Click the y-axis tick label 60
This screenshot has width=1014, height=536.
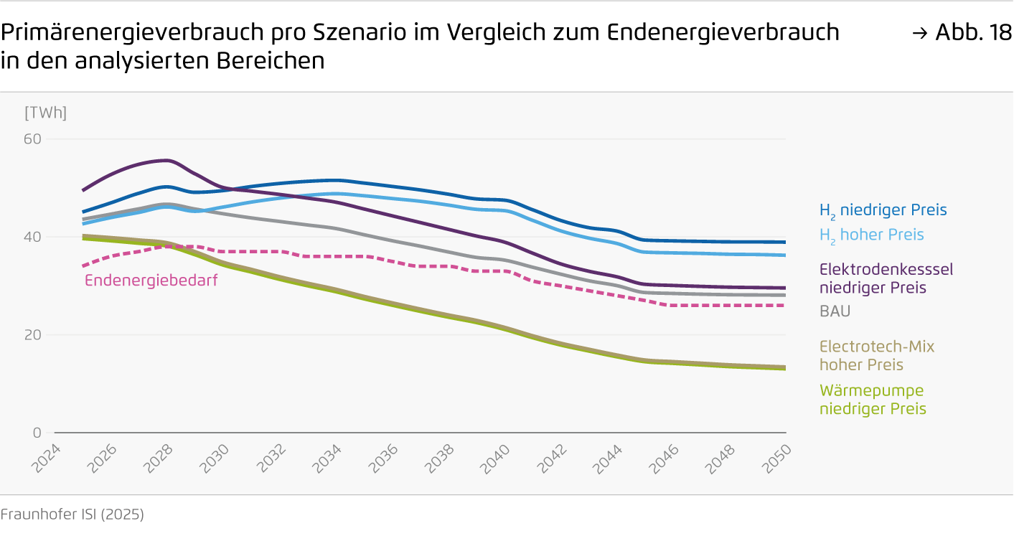click(x=34, y=138)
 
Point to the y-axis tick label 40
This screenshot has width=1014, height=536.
click(x=34, y=237)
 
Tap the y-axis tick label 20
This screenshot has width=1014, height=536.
click(x=34, y=334)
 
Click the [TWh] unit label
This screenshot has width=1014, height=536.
click(x=45, y=113)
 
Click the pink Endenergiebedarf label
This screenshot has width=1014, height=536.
click(x=151, y=281)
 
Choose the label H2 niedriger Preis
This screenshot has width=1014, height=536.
click(x=883, y=210)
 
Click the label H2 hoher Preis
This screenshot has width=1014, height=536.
click(x=871, y=235)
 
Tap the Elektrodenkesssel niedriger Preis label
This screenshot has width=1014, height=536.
click(x=886, y=278)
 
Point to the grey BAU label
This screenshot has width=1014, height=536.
click(x=835, y=312)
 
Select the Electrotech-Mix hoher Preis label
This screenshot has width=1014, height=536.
click(x=876, y=355)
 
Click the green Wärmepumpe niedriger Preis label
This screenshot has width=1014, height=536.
click(x=873, y=400)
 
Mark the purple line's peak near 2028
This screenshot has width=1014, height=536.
click(x=166, y=160)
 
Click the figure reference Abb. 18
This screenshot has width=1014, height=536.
click(x=965, y=32)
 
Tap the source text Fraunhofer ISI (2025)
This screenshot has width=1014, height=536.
click(x=72, y=514)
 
